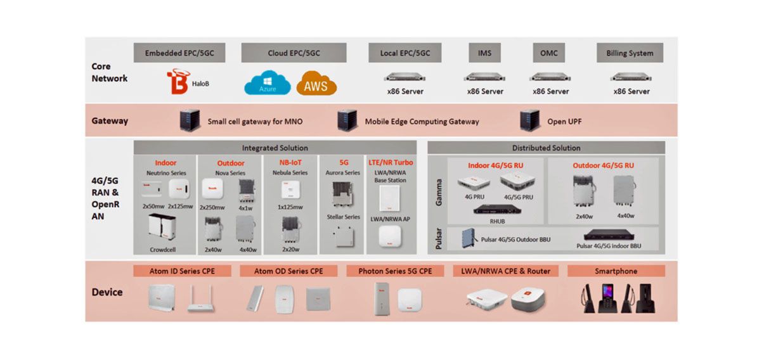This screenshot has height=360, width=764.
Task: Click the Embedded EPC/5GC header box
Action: (179, 53)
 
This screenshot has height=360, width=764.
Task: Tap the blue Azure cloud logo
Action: (268, 84)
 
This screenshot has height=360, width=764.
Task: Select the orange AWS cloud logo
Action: (316, 84)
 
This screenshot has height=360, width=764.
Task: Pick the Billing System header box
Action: (630, 53)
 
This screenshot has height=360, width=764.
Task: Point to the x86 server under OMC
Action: (548, 77)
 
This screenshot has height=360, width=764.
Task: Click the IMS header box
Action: (484, 53)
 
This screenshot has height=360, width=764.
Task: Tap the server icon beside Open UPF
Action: (529, 120)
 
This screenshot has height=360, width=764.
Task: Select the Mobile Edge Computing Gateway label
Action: (422, 121)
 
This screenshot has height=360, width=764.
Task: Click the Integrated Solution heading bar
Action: (275, 148)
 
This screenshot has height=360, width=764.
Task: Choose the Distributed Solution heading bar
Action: (546, 148)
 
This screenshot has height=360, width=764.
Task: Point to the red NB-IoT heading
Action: (290, 163)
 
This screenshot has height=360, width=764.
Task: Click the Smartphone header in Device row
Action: (616, 271)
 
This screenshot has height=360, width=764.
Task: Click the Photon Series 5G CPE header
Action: (395, 271)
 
